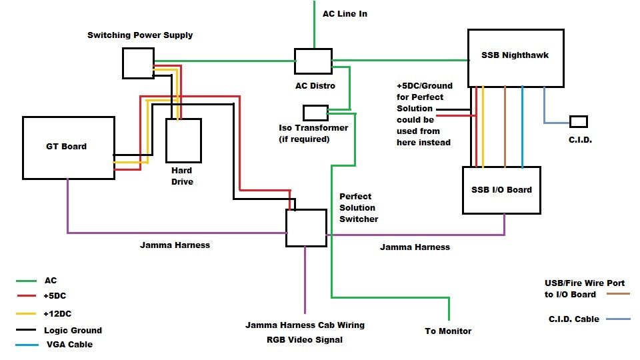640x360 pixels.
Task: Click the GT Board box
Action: (68, 147)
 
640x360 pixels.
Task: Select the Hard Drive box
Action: (183, 141)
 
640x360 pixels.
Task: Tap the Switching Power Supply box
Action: (138, 63)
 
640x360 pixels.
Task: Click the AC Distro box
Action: (313, 61)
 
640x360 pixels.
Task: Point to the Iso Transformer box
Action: (315, 113)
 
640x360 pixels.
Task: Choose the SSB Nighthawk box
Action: (515, 57)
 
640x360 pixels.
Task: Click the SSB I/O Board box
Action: (501, 190)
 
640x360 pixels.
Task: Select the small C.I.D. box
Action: (578, 121)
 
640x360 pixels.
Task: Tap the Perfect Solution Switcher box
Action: (306, 227)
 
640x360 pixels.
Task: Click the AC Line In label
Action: (345, 13)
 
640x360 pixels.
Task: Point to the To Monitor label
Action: (448, 331)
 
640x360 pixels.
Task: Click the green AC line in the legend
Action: (26, 281)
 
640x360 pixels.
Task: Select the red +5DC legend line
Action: (26, 296)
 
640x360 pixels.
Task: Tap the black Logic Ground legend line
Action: (26, 330)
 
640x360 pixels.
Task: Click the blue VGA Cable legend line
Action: (26, 345)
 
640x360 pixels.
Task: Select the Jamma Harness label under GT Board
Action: (175, 245)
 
